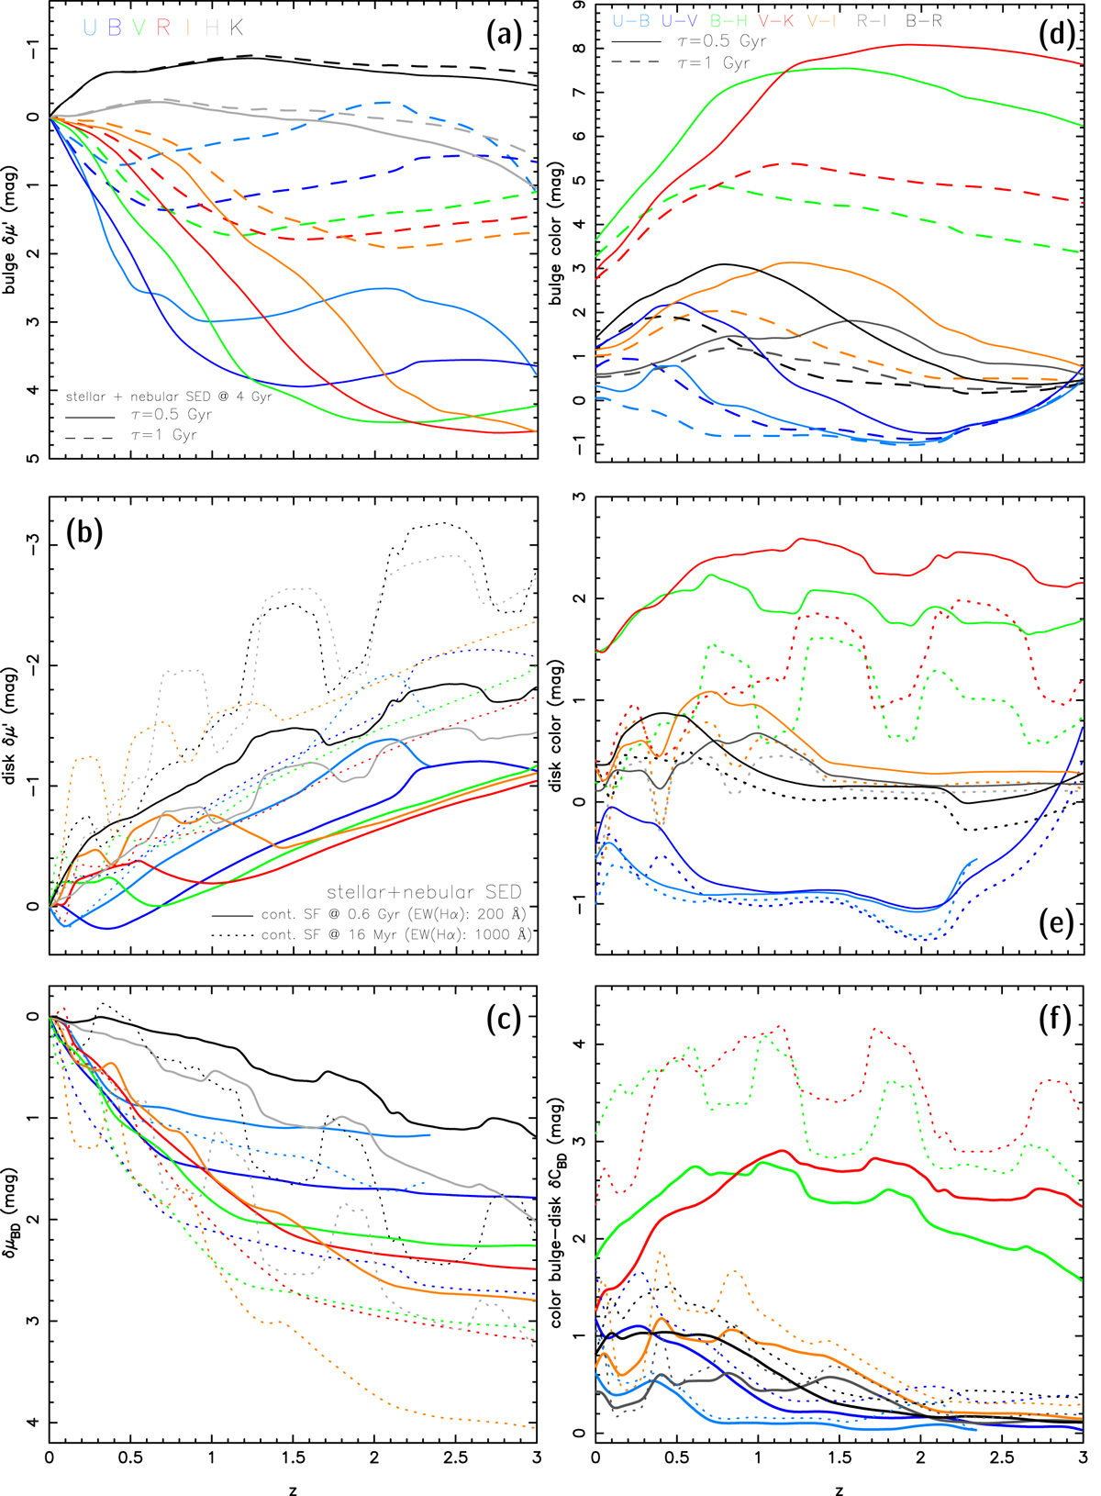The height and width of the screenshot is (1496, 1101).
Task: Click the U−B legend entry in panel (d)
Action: tap(632, 20)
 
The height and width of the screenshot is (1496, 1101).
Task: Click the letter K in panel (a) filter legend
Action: tap(237, 28)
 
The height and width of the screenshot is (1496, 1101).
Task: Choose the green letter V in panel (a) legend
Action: tap(139, 28)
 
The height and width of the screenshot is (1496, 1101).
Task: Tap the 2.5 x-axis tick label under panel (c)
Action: tap(455, 1457)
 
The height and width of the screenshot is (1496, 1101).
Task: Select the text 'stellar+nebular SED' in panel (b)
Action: tap(424, 892)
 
